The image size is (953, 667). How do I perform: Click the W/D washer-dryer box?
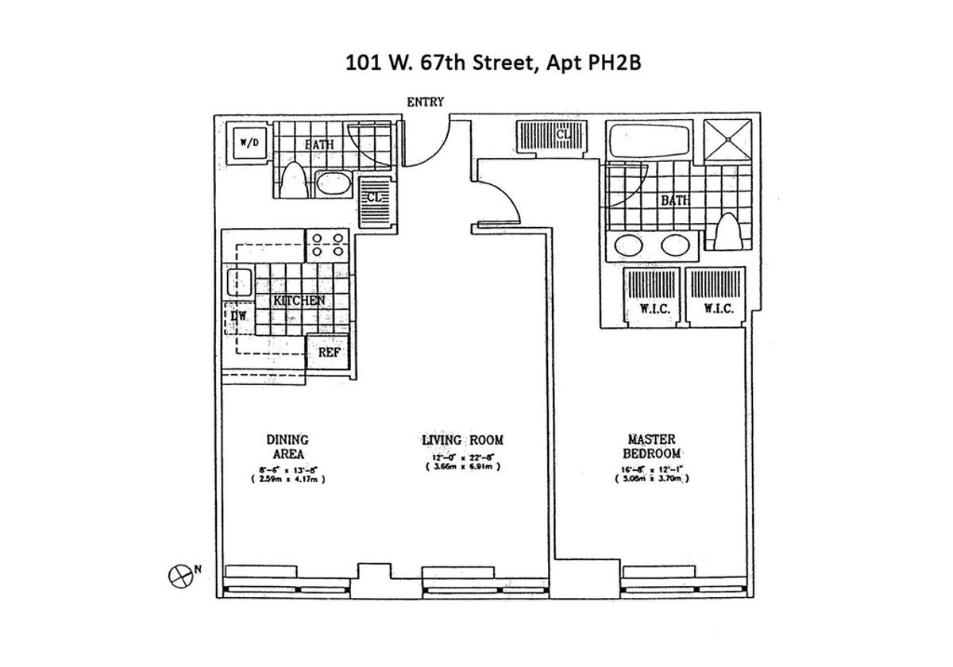(x=244, y=144)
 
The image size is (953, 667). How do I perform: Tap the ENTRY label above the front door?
(x=425, y=102)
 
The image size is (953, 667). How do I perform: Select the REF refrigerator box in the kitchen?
(x=329, y=352)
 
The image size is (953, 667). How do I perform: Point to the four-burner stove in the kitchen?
(x=327, y=244)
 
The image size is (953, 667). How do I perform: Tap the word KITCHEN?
(x=299, y=301)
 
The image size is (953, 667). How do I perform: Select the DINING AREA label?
(x=287, y=445)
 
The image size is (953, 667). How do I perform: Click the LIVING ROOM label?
(x=462, y=440)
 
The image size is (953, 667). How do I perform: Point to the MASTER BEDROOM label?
(x=652, y=446)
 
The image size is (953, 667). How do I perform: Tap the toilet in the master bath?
(x=726, y=232)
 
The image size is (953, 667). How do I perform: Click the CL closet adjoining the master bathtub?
(x=553, y=136)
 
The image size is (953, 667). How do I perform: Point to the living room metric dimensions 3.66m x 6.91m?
(x=462, y=467)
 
